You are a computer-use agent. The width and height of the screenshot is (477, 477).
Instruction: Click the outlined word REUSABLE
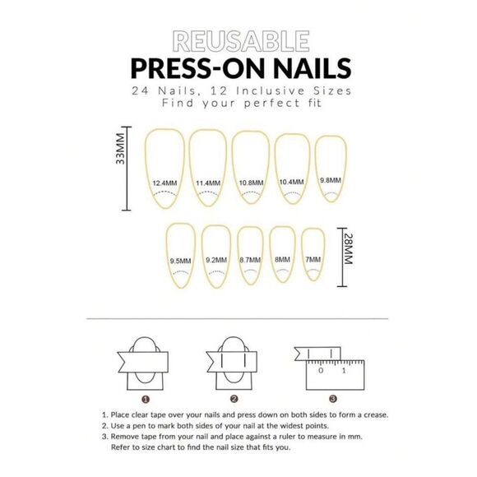(x=241, y=41)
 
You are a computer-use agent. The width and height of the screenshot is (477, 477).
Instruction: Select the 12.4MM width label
(x=164, y=183)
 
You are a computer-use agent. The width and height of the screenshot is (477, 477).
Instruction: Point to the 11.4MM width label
(x=208, y=183)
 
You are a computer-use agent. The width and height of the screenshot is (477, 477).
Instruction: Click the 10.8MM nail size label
(x=252, y=183)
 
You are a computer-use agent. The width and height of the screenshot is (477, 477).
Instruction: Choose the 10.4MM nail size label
(x=291, y=182)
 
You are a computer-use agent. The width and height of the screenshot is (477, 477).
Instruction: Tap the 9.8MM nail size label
(x=331, y=180)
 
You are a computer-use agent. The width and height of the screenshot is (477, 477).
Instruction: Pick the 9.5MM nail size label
(x=180, y=261)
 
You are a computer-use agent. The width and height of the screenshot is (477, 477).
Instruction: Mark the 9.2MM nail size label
(x=216, y=260)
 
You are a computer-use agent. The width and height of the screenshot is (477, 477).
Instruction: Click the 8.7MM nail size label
(x=250, y=260)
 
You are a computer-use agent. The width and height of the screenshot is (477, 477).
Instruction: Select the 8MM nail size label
(x=282, y=260)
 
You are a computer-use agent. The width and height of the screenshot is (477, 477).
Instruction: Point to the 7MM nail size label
(x=313, y=260)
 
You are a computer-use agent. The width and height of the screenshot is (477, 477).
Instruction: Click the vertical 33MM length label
(x=120, y=149)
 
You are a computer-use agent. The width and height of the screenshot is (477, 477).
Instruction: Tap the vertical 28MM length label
(x=349, y=249)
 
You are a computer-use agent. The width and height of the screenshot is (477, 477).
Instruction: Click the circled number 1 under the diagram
(x=146, y=399)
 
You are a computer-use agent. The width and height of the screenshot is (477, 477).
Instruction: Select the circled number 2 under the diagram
(x=234, y=399)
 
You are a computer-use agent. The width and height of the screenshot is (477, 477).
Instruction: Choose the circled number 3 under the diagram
(x=333, y=399)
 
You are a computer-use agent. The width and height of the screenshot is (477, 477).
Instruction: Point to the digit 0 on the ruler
(x=321, y=371)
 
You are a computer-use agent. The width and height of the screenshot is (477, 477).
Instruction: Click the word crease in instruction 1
(x=375, y=415)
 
